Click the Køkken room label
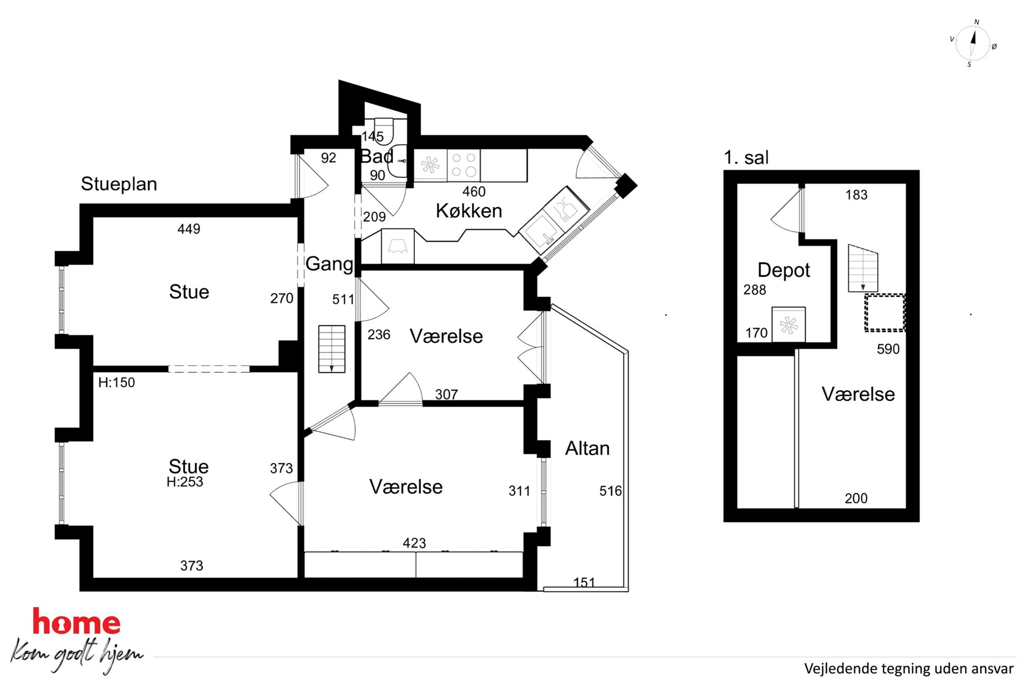coord(469,211)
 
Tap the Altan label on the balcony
coord(587,448)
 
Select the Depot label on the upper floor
coord(783,270)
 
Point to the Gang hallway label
coord(329,264)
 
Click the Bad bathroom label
coord(376,156)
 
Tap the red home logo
coord(77,622)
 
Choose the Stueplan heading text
coord(119,184)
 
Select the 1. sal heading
coord(746,158)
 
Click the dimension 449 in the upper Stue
coord(189,229)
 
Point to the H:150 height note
coord(116,383)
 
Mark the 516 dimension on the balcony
coord(610,491)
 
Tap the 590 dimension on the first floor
coord(888,349)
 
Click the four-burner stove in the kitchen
coord(464,165)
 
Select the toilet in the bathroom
coord(384,130)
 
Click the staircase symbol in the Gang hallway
coord(331,349)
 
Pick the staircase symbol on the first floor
coord(863,268)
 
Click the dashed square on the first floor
coord(885,313)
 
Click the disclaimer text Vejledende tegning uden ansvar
coord(909,669)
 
